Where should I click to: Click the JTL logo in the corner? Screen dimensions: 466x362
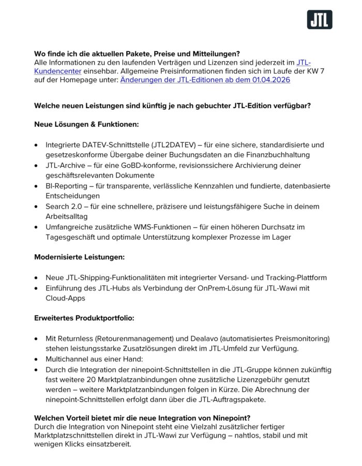coord(320,20)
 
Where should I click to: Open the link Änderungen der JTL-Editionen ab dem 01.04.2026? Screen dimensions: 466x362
coord(205,80)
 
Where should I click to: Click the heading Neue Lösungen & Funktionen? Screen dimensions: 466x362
coord(86,125)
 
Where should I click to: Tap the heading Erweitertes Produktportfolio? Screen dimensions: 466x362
coord(84,317)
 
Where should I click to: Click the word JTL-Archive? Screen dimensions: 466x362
coord(66,165)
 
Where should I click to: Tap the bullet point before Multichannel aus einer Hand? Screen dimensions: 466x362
coord(36,359)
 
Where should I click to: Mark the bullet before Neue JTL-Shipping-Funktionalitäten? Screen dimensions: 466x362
coord(36,278)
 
